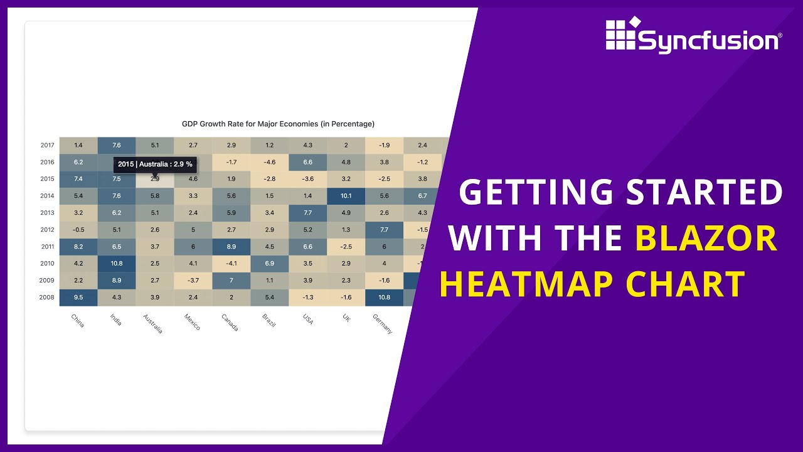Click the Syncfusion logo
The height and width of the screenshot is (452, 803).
[x=693, y=36]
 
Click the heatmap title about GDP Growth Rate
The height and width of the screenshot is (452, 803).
[x=278, y=124]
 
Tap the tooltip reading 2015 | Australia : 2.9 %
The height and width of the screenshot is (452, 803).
[x=155, y=164]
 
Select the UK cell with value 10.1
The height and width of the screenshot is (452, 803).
[x=346, y=195]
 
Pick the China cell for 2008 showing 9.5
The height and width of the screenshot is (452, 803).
[x=78, y=297]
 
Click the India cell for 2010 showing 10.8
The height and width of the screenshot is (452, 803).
[x=117, y=263]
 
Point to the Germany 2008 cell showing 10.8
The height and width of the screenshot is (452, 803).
[x=384, y=297]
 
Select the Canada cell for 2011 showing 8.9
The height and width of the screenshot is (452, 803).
[x=231, y=246]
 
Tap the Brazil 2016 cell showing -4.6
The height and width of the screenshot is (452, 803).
[x=269, y=162]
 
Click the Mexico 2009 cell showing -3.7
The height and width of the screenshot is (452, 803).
[x=193, y=280]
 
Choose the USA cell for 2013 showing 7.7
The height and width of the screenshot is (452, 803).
[x=307, y=212]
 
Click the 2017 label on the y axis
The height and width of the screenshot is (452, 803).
[x=47, y=145]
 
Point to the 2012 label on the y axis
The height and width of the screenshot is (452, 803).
[x=47, y=229]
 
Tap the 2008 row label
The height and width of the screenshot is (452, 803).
[x=47, y=297]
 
